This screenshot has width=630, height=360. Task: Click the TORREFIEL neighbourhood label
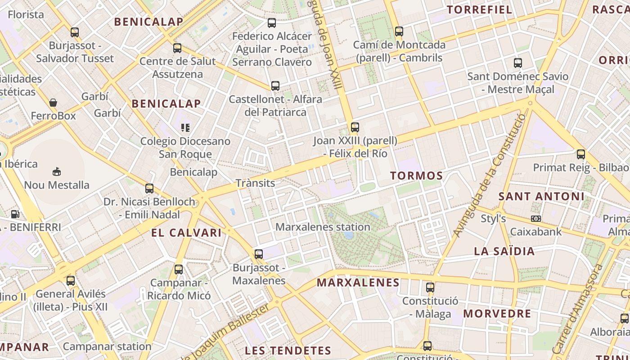(479, 9)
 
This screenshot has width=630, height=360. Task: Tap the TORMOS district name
(416, 175)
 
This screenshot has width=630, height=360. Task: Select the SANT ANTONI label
(541, 196)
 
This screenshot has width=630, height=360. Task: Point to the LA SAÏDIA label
(504, 251)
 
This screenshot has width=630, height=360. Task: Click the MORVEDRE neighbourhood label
(497, 314)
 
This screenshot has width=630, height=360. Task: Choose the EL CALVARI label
(186, 233)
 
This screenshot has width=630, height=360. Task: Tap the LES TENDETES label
(288, 351)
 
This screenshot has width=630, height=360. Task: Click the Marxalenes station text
(323, 227)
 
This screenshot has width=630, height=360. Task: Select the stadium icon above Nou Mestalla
(57, 171)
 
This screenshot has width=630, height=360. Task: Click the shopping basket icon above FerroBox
(53, 103)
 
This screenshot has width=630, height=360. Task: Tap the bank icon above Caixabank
(535, 219)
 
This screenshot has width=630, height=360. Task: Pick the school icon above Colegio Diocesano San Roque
(185, 128)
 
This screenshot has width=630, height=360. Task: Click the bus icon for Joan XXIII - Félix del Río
(355, 127)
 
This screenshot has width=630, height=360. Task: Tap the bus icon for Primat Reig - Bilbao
(580, 154)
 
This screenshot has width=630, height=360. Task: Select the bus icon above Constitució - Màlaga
(430, 287)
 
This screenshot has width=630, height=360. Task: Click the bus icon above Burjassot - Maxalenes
(259, 254)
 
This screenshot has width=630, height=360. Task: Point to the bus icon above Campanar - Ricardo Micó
(179, 270)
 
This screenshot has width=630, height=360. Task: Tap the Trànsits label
(255, 183)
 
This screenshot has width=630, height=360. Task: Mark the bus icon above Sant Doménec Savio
(518, 63)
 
